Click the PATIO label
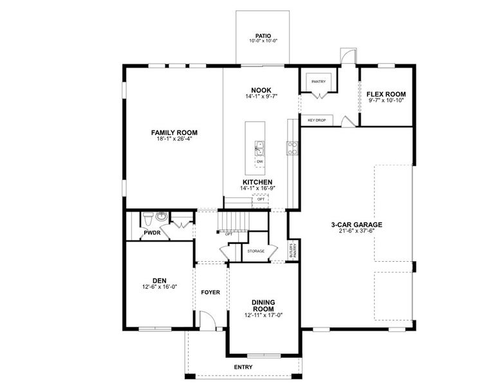pyautogui.click(x=263, y=36)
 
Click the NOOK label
pyautogui.click(x=262, y=90)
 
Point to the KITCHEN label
pyautogui.click(x=257, y=182)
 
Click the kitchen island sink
pyautogui.click(x=259, y=148)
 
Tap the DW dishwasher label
pyautogui.click(x=259, y=161)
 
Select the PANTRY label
pyautogui.click(x=318, y=82)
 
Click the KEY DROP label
pyautogui.click(x=317, y=120)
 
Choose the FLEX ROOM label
pyautogui.click(x=386, y=94)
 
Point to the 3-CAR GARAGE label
pyautogui.click(x=357, y=225)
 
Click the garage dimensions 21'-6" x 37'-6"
pyautogui.click(x=357, y=231)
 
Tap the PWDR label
pyautogui.click(x=152, y=233)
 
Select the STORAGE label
pyautogui.click(x=256, y=251)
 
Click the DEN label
pyautogui.click(x=160, y=280)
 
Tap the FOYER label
pyautogui.click(x=210, y=292)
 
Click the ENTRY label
pyautogui.click(x=243, y=367)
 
